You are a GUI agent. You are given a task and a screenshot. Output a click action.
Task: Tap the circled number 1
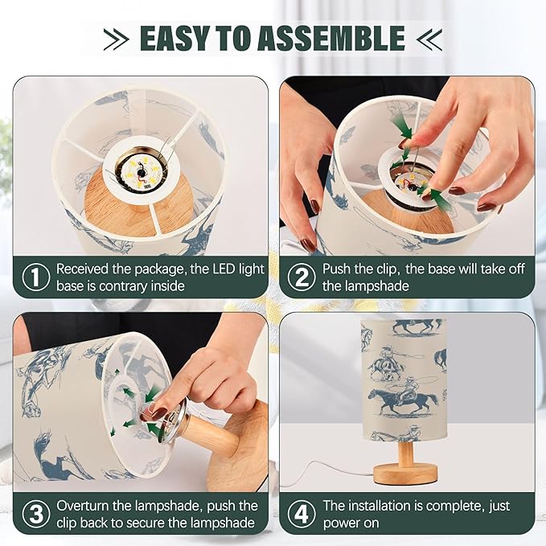point(36,277)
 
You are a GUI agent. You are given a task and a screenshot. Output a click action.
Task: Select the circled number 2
point(302,277)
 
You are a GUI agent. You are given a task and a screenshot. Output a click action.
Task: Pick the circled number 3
point(36,514)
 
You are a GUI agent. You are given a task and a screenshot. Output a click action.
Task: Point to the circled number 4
point(302,514)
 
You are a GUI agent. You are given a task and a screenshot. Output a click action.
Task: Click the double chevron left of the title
point(117,39)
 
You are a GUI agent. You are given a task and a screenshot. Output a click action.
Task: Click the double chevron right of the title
point(429,39)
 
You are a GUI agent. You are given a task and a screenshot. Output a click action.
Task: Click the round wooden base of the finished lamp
point(405,474)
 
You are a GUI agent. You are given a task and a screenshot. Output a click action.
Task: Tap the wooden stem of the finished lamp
point(406,452)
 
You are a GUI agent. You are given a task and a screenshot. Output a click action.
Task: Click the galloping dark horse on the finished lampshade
point(403,400)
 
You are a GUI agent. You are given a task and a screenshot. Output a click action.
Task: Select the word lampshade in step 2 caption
point(365,286)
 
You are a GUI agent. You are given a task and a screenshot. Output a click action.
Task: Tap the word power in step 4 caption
point(341,523)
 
